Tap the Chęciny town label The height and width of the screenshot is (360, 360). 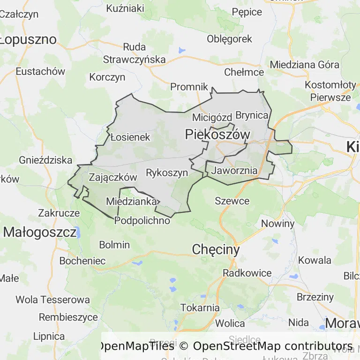point(216,250)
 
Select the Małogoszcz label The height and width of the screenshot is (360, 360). point(39,232)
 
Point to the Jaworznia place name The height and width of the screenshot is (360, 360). point(234,171)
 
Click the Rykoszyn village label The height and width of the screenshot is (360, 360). point(167,172)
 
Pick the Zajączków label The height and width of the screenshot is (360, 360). point(112,177)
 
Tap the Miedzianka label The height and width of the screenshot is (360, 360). point(131,202)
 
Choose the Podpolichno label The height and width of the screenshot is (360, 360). point(142,220)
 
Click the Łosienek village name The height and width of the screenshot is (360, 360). point(130,137)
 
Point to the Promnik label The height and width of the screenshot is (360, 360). point(189,87)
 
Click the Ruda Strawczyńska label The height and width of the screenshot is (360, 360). point(135,53)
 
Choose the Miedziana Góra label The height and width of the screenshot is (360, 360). point(305,64)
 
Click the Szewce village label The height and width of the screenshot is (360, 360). point(232,201)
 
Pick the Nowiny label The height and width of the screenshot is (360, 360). point(277,224)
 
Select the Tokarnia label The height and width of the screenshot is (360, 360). point(200,308)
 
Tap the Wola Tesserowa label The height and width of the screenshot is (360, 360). point(52,299)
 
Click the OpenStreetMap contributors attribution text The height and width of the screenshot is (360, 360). point(273,346)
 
